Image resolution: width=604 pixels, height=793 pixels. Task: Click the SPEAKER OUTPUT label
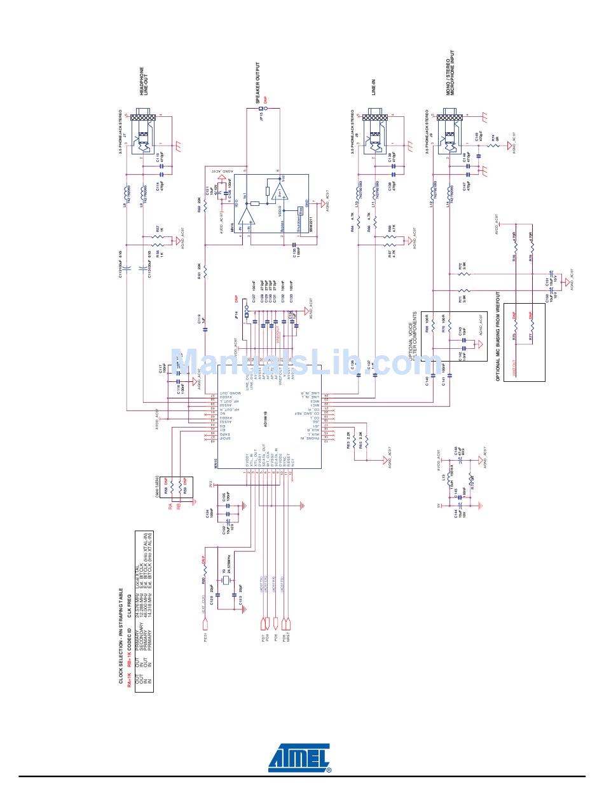(258, 83)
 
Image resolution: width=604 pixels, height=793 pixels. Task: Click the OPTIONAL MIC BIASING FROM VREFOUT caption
(498, 337)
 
